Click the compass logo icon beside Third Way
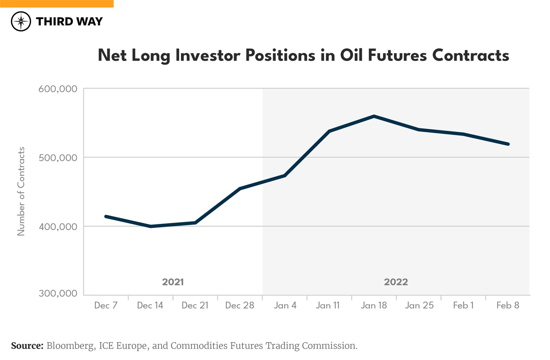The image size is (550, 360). [21, 21]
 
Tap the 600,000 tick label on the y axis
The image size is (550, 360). [58, 89]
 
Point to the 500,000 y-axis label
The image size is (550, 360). [58, 158]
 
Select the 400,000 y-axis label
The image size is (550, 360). [58, 226]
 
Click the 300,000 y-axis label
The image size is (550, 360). [58, 293]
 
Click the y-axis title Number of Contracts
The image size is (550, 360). [21, 191]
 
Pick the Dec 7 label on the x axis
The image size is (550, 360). [106, 305]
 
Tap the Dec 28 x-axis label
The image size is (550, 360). [240, 305]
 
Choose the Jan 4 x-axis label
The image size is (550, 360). [285, 305]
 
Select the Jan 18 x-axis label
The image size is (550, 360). [374, 305]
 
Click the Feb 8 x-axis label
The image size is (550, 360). [508, 305]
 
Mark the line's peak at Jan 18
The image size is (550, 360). [374, 116]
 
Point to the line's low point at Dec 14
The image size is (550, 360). [151, 226]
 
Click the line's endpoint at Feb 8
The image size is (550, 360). [508, 144]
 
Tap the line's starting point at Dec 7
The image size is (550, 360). [106, 216]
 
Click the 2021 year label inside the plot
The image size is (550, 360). [173, 282]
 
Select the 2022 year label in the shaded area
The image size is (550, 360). [396, 282]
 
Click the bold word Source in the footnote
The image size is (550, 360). [27, 346]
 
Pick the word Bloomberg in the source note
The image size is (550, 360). [70, 346]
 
